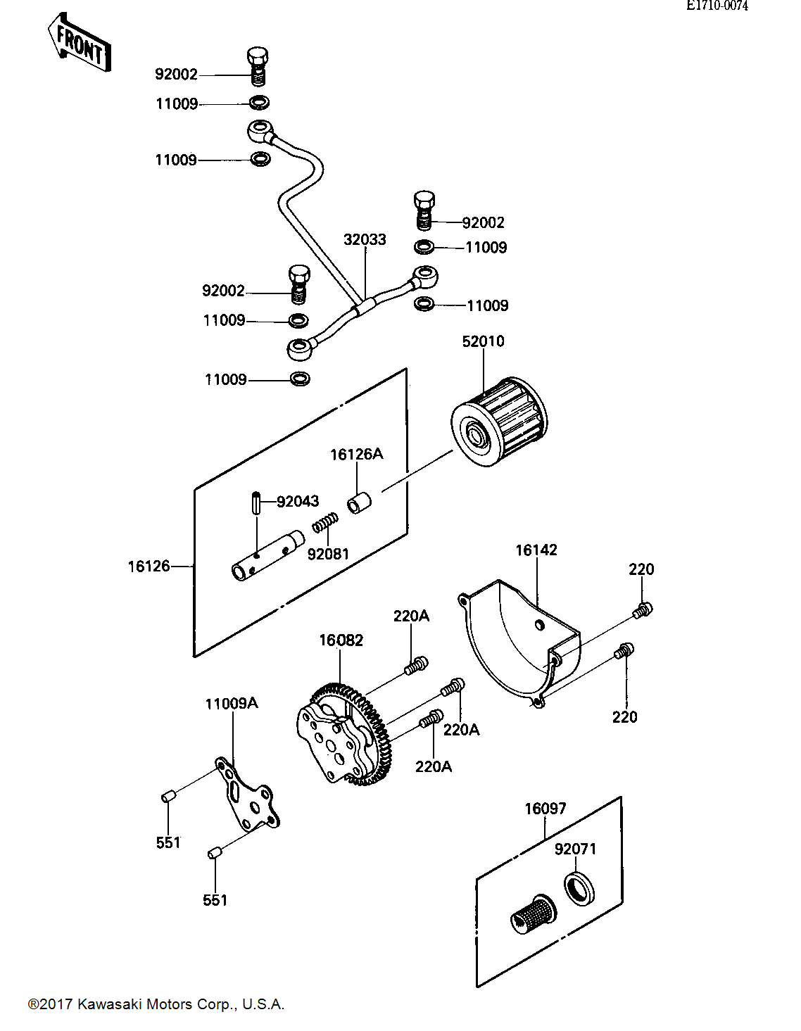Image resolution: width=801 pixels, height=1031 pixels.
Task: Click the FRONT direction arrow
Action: tap(80, 43)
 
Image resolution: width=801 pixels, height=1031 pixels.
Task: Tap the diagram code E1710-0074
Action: tap(717, 6)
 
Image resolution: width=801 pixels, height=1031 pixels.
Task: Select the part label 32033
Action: tap(365, 239)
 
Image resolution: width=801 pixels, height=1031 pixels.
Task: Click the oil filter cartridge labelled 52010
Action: tap(499, 422)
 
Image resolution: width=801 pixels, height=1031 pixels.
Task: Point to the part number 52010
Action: tap(483, 341)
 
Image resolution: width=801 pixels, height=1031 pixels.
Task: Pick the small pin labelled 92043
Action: tap(256, 504)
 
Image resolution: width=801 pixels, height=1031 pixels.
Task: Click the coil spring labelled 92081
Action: tap(325, 522)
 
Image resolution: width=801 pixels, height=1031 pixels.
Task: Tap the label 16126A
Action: tap(356, 455)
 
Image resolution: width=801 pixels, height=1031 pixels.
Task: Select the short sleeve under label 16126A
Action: tap(359, 503)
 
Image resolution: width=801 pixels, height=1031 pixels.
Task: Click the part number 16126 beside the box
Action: tap(149, 566)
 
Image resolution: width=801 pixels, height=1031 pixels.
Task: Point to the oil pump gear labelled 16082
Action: tap(343, 741)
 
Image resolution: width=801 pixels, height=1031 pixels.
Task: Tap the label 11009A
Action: tap(232, 703)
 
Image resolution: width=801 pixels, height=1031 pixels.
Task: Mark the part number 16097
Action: tap(545, 809)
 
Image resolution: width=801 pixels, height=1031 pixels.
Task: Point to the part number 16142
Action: tap(536, 550)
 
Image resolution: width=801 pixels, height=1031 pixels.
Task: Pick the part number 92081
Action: tap(328, 554)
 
